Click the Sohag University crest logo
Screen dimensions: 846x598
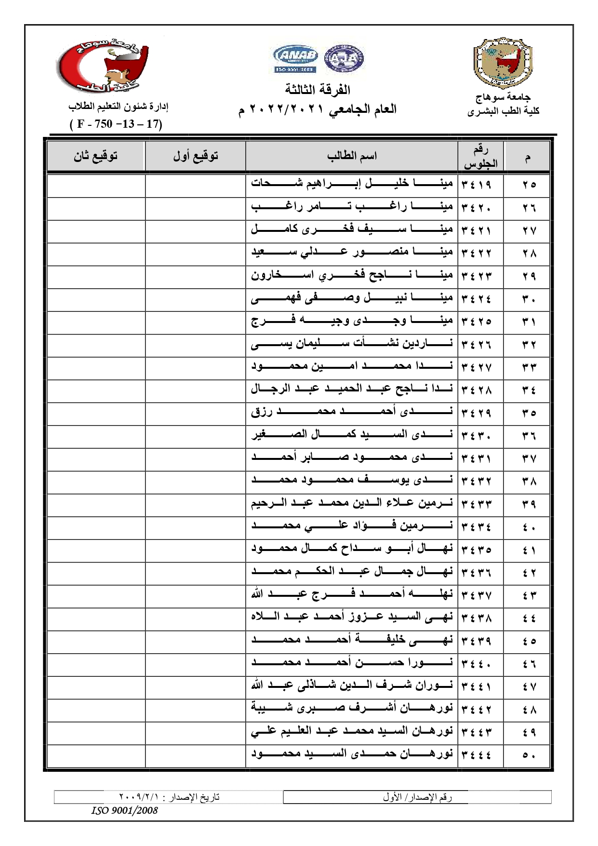point(503,62)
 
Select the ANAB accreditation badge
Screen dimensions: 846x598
point(295,59)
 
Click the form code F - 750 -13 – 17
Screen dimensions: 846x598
point(116,124)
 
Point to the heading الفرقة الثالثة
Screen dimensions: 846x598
point(318,90)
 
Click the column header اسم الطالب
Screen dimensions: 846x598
point(352,156)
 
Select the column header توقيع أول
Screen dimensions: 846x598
point(195,156)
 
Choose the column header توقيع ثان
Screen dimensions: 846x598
point(95,156)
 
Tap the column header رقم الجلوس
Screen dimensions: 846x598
point(480,156)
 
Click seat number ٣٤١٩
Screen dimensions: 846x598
point(476,185)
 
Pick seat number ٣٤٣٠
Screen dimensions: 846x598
point(476,435)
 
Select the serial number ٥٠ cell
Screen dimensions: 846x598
point(529,755)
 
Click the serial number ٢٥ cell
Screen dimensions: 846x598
point(529,185)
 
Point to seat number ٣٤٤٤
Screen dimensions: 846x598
point(476,755)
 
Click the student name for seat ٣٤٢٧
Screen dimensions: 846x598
point(352,367)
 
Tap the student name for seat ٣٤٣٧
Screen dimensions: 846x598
point(352,595)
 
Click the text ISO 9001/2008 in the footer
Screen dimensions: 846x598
point(124,810)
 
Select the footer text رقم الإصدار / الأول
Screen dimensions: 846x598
point(417,797)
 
